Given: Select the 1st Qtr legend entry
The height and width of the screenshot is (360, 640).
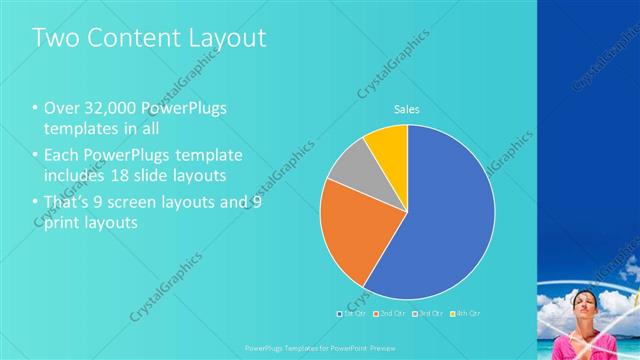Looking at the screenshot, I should pos(353,313).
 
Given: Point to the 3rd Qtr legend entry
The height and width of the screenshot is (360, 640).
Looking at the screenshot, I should pos(427,313).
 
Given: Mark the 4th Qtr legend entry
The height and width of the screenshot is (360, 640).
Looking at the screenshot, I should pos(465,313).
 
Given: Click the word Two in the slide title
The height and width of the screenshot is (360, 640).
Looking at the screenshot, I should pos(56,38).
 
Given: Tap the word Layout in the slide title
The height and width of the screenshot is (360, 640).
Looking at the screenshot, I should pos(229,38).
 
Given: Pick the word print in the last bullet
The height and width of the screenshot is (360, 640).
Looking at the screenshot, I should pos(61,222).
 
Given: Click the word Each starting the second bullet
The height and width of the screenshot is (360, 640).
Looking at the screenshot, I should pos(60,155).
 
